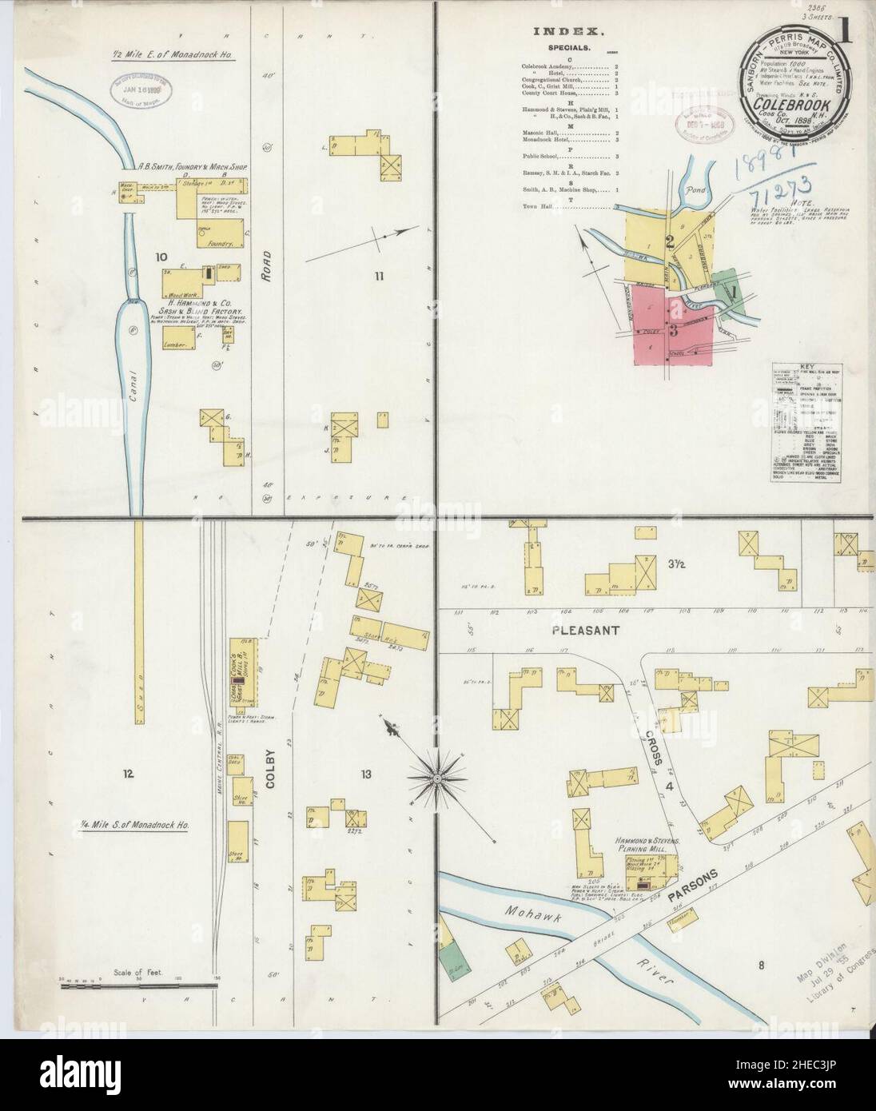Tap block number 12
[x=128, y=773]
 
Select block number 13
[x=367, y=773]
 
